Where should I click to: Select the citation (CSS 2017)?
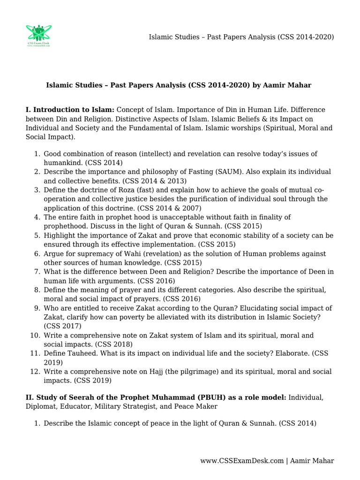[62, 326]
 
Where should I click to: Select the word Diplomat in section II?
[41, 406]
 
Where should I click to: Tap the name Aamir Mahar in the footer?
[312, 461]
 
